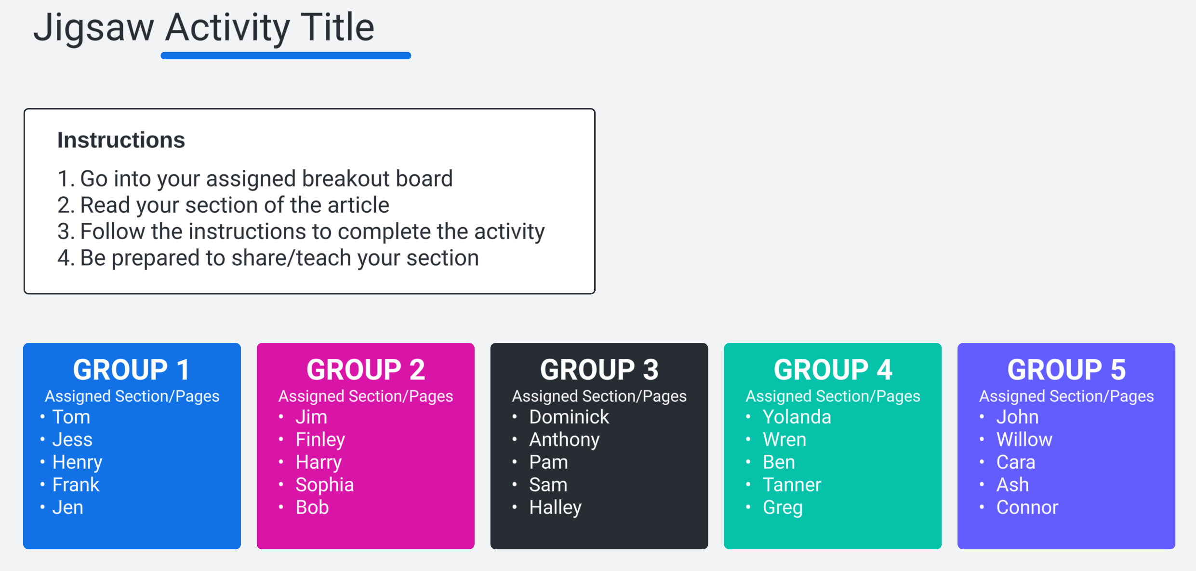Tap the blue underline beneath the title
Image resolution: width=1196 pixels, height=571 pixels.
click(x=286, y=55)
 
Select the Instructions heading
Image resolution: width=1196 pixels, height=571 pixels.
click(x=121, y=140)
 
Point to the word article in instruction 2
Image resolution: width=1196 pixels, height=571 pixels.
click(x=358, y=205)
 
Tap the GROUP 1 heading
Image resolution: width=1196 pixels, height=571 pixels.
click(x=132, y=369)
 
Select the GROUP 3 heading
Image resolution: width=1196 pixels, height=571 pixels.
click(x=599, y=369)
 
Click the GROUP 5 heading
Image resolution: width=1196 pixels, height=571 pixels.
click(x=1066, y=369)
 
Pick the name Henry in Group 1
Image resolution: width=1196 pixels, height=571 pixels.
click(x=77, y=462)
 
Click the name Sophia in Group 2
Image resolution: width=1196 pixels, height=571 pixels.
click(x=325, y=485)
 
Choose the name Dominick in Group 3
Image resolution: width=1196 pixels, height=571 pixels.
click(x=569, y=417)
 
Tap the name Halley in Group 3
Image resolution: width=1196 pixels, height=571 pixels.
click(x=555, y=508)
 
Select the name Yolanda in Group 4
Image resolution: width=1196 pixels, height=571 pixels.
click(x=797, y=417)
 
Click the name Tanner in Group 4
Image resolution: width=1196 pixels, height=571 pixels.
click(x=792, y=485)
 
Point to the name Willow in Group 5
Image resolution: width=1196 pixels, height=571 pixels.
click(x=1024, y=440)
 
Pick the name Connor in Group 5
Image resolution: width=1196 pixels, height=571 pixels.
click(x=1027, y=508)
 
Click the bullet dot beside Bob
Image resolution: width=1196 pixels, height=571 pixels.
click(x=281, y=507)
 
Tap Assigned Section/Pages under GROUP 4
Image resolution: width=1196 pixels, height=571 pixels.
click(x=833, y=396)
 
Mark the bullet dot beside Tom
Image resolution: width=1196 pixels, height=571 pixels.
click(x=42, y=416)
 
